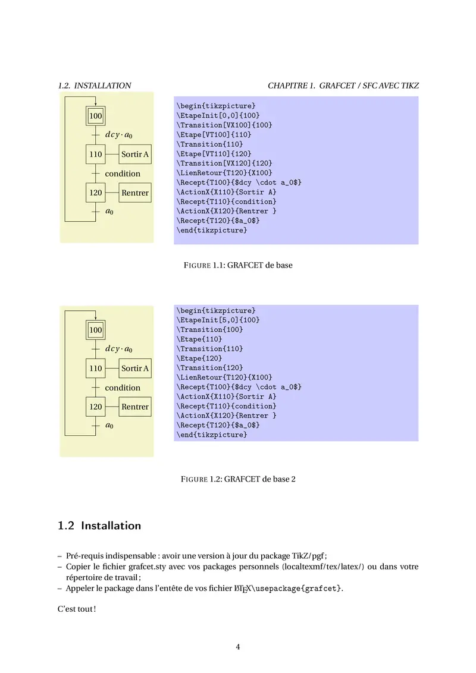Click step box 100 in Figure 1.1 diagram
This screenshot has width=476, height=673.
[x=96, y=115]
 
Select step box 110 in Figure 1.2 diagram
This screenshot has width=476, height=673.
[x=96, y=369]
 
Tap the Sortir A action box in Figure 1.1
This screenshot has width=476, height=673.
[x=135, y=155]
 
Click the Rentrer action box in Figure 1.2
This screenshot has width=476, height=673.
[x=135, y=407]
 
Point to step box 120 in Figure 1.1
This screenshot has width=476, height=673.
[x=96, y=193]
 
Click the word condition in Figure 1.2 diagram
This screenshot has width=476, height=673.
[x=123, y=388]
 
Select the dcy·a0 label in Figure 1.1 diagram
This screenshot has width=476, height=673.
[x=118, y=135]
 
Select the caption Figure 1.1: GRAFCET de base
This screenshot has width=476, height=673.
[x=238, y=265]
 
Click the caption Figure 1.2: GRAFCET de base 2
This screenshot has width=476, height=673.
[x=238, y=479]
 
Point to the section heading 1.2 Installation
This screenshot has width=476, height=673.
[x=99, y=526]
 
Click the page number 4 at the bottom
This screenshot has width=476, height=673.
[x=238, y=647]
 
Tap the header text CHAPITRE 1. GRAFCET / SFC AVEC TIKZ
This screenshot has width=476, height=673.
[x=343, y=86]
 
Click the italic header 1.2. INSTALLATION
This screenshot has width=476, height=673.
[x=95, y=86]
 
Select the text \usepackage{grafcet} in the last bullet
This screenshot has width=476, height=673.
[x=295, y=589]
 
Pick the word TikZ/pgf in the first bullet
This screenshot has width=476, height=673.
[x=304, y=556]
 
